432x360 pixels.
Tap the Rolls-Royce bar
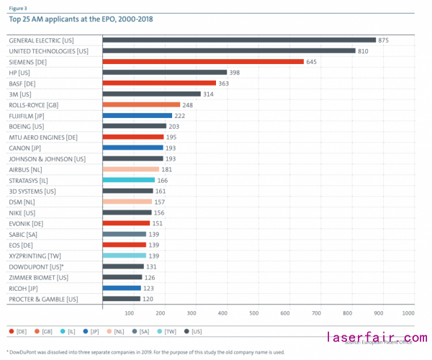(x=140, y=104)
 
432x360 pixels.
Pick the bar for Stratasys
(x=129, y=180)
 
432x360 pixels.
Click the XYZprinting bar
(x=125, y=256)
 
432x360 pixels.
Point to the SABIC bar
(x=125, y=234)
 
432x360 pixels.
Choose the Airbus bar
(x=131, y=169)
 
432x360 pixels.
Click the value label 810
(x=364, y=51)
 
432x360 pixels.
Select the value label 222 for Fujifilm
(x=181, y=115)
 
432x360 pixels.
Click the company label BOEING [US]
(x=30, y=126)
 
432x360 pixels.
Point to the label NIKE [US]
(x=22, y=212)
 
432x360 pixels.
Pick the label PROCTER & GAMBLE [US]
(x=43, y=298)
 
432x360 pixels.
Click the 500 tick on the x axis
(x=254, y=313)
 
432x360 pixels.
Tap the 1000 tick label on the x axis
(x=408, y=313)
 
